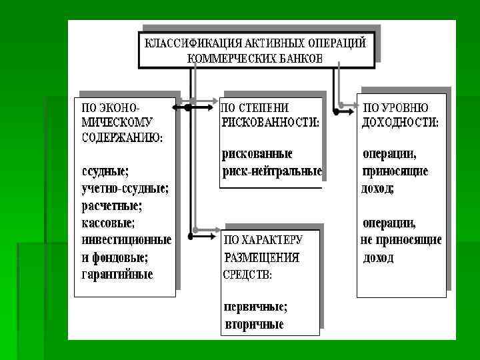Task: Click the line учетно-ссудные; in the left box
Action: click(x=125, y=189)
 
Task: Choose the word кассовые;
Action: click(x=107, y=222)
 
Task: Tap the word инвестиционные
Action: click(x=126, y=239)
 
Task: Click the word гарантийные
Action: click(x=117, y=274)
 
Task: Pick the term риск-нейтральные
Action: click(x=271, y=171)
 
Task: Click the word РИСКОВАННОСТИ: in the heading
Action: click(x=270, y=123)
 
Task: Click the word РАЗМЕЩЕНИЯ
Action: click(x=261, y=257)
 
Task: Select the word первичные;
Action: click(x=255, y=307)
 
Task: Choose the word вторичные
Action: click(x=253, y=325)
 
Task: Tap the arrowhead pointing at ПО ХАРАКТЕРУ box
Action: click(x=215, y=235)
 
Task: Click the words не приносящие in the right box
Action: click(x=401, y=240)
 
